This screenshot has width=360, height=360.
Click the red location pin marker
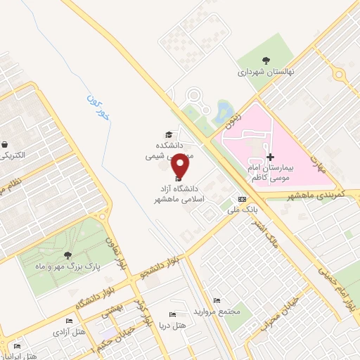(181, 166)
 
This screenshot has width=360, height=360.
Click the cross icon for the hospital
(271, 156)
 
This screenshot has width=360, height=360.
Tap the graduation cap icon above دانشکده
(168, 134)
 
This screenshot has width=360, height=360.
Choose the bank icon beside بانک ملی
(242, 199)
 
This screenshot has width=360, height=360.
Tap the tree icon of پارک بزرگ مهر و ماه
(67, 255)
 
